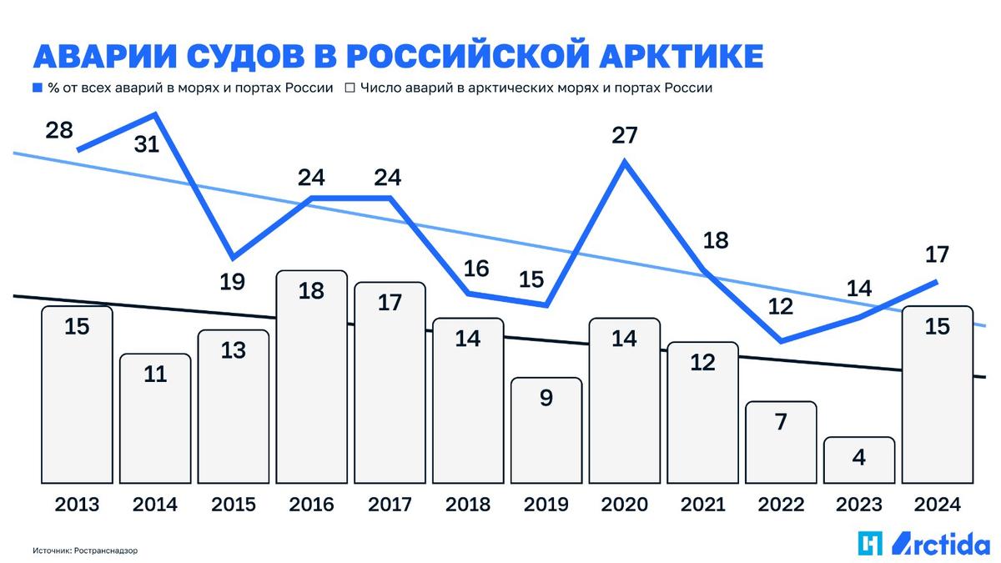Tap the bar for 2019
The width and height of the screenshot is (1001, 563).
point(546,430)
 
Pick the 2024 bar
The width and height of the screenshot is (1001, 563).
point(938,395)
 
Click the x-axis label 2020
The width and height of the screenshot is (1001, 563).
point(624,505)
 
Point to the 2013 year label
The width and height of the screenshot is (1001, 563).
point(77,505)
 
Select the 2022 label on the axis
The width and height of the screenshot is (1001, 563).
point(781,505)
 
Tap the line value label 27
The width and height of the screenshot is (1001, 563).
point(624,135)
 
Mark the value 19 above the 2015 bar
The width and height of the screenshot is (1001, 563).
point(233,281)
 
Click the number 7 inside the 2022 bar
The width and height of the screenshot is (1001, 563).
point(781,422)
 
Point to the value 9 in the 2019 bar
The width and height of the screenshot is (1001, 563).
point(546,398)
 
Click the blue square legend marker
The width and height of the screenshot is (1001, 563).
point(37,88)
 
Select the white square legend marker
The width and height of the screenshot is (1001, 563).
point(350,88)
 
